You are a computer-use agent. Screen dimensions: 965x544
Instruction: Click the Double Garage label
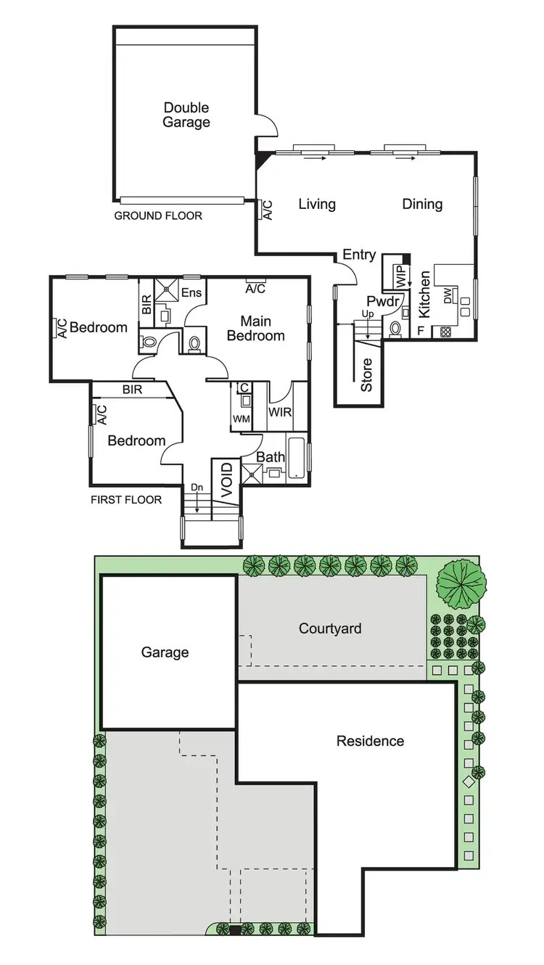tap(186, 115)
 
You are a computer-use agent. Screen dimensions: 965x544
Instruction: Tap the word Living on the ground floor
tap(317, 204)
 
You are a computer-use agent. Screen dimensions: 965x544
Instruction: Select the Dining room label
tap(422, 204)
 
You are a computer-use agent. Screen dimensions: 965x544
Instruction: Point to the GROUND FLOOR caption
tap(158, 215)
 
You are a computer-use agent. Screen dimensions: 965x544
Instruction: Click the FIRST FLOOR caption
tap(126, 500)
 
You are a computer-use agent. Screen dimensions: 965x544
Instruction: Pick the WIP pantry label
tap(400, 276)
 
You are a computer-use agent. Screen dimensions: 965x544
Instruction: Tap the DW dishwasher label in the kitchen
tap(448, 296)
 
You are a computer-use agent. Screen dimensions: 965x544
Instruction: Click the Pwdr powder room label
tap(380, 301)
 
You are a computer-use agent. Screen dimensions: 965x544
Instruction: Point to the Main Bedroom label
tap(255, 328)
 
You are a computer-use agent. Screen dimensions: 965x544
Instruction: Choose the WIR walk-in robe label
tap(279, 412)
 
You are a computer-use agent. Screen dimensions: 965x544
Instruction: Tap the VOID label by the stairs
tap(226, 479)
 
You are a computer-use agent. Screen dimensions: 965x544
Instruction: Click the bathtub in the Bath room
tap(297, 457)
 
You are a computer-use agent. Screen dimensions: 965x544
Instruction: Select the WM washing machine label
tap(241, 419)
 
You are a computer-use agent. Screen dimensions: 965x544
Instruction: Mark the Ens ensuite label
tap(191, 292)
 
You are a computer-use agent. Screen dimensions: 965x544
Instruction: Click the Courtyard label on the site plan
tap(330, 628)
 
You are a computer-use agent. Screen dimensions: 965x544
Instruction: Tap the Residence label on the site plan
tap(370, 741)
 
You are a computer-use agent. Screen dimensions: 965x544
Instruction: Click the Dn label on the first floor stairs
tap(197, 487)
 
